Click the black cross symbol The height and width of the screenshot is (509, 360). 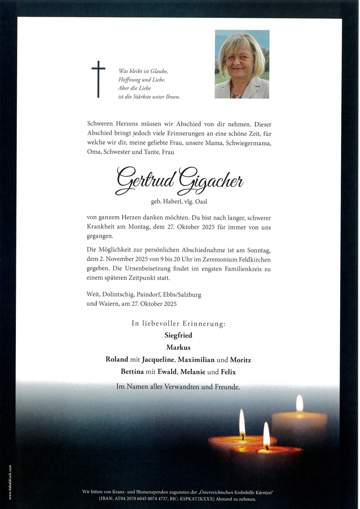98,79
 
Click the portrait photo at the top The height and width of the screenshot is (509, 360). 242,64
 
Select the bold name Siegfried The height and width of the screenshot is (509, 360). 178,335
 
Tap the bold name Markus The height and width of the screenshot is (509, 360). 178,347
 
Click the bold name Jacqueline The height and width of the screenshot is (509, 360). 158,360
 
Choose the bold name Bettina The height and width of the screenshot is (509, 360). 132,372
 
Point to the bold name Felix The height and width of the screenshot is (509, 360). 228,372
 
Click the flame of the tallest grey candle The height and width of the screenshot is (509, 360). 300,403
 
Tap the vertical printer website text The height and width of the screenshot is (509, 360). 10,482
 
